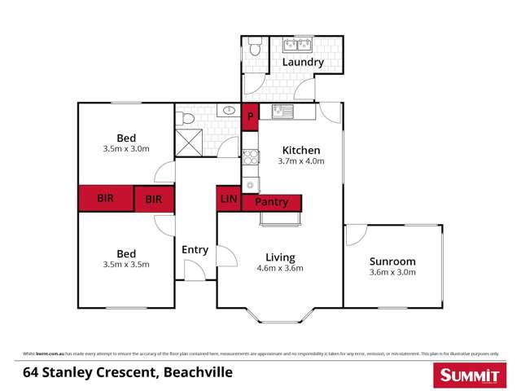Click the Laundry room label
(x=303, y=62)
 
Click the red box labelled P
(x=251, y=116)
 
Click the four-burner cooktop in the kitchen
(x=251, y=157)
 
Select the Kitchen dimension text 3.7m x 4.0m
(x=301, y=161)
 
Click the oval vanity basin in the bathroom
(x=230, y=109)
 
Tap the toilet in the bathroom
(x=187, y=119)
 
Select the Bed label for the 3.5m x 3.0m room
(x=125, y=138)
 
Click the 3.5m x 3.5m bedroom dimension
(x=125, y=264)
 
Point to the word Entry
(x=195, y=250)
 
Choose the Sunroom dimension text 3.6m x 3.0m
(x=392, y=273)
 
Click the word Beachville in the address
(x=198, y=373)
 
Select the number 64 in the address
(x=31, y=373)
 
